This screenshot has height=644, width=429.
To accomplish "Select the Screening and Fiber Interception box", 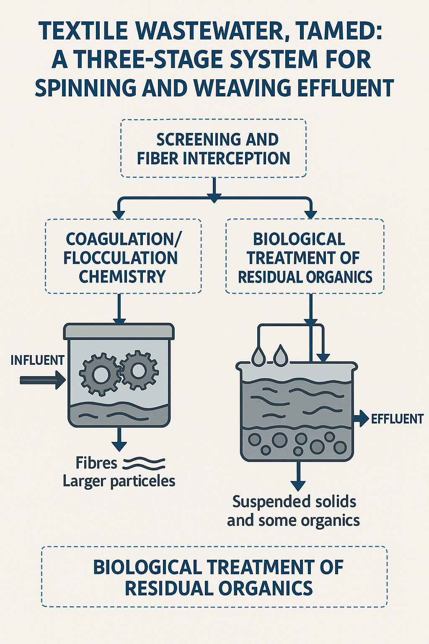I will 214,149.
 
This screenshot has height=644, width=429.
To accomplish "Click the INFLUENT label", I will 37,360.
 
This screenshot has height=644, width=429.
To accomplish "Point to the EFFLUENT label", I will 397,419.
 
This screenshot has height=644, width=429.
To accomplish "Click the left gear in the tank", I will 100,374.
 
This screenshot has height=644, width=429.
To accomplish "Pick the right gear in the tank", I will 138,370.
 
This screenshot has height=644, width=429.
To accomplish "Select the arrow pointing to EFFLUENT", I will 361,418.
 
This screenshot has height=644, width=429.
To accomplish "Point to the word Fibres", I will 96,463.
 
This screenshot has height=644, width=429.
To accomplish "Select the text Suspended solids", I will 294,501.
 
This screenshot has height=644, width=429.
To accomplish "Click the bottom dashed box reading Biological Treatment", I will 214,577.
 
